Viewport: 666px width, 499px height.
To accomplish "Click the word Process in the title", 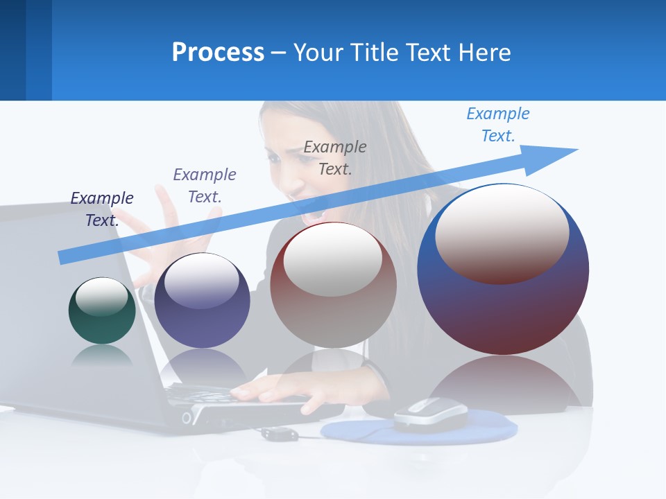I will (x=218, y=53).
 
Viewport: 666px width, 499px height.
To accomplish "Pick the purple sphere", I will (x=202, y=301).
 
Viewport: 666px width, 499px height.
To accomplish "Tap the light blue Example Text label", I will (x=497, y=125).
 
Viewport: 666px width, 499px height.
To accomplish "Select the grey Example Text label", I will (x=335, y=157).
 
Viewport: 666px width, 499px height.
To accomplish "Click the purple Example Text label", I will (x=205, y=185).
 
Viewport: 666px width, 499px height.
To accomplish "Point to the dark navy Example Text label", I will (x=102, y=209).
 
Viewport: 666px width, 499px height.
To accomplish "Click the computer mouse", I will (x=430, y=414).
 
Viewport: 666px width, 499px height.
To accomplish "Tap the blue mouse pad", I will (x=486, y=430).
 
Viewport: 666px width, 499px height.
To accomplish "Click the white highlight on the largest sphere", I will (x=502, y=234).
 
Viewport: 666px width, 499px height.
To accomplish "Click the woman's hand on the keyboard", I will (x=277, y=392).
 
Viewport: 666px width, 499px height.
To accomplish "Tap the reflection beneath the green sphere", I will (x=102, y=355).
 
